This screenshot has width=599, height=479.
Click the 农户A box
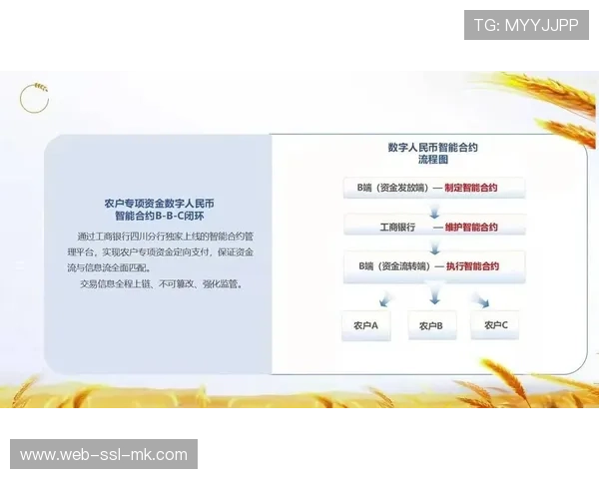365,325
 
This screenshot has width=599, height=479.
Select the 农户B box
431,325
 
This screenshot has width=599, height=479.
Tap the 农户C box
496,325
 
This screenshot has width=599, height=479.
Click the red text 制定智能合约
471,187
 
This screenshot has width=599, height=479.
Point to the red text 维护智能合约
471,227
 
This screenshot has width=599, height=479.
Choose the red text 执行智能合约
471,266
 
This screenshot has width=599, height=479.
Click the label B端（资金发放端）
385,187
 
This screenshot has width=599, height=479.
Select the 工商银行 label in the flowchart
396,227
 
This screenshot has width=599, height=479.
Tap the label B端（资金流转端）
385,266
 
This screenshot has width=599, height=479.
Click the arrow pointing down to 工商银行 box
433,207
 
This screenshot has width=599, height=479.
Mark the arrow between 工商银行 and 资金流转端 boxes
433,246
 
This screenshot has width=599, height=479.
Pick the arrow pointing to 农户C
481,297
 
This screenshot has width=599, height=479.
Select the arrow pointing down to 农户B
433,296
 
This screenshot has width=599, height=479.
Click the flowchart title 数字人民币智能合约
432,147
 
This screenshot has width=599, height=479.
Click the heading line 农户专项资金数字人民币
159,203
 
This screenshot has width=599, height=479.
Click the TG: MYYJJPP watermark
526,24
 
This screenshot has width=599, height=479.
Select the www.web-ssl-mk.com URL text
104,454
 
